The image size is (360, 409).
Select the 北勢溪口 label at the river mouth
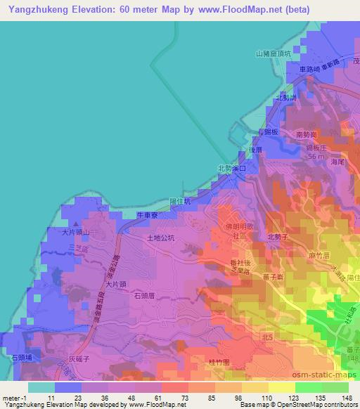[x=232, y=169]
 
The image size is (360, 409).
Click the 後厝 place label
[x=255, y=149]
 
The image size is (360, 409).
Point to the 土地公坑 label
[x=160, y=238]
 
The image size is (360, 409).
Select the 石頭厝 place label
[x=143, y=296]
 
